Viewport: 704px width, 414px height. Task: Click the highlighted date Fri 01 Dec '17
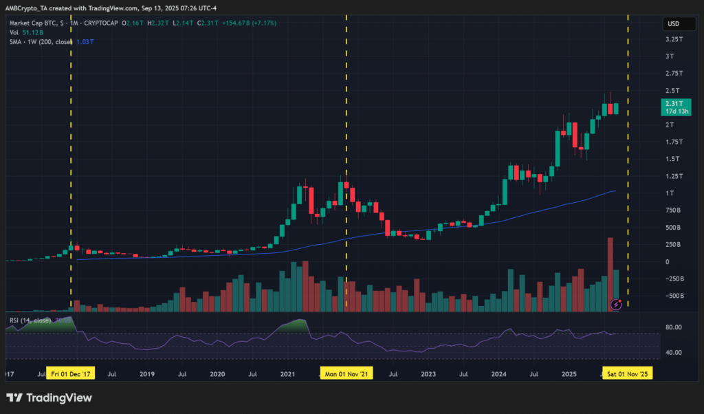71,374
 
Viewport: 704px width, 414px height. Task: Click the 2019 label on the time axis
146,374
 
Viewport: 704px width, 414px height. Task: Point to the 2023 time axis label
428,374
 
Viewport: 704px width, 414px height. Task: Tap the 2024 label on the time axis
498,374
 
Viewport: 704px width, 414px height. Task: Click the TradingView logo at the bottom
49,397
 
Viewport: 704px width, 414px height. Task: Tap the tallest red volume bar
610,275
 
